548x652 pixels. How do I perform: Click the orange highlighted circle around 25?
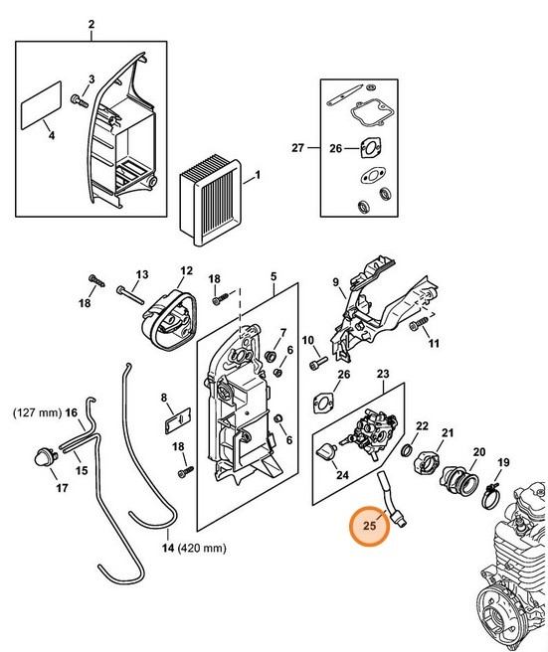coord(369,525)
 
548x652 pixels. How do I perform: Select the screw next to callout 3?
coord(79,100)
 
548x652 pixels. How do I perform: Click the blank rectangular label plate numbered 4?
coord(41,105)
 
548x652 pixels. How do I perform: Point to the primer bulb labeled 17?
coord(46,458)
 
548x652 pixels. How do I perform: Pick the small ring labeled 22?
coord(408,449)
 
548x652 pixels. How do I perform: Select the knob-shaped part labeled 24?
coord(328,451)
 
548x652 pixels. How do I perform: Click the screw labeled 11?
coord(419,323)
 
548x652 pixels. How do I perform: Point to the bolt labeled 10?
coord(318,363)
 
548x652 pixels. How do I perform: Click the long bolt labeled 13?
coord(130,294)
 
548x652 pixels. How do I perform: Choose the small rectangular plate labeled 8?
coord(177,420)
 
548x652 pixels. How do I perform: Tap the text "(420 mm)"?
coord(202,548)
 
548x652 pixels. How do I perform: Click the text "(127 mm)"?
coord(38,412)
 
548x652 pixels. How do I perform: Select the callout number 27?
coord(298,148)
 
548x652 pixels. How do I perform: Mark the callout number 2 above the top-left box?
coord(91,24)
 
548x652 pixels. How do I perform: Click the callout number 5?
coord(274,276)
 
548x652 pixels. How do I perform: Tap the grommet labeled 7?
coord(271,356)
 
